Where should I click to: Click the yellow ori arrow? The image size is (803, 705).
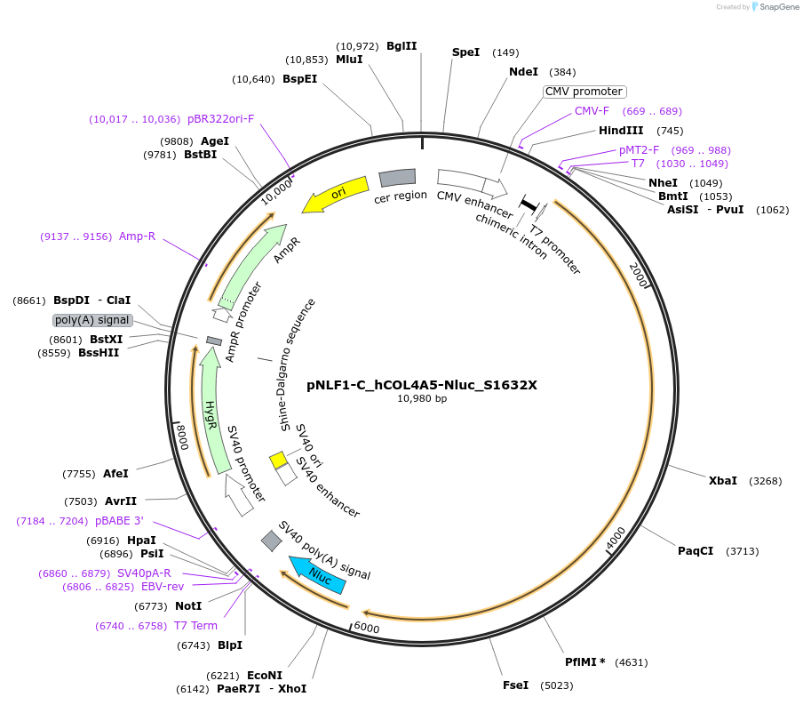tap(336, 195)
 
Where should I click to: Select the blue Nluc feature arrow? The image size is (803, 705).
tap(318, 574)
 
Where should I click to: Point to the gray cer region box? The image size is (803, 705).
tap(397, 178)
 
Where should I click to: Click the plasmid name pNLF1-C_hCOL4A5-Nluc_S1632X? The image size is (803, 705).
tap(422, 385)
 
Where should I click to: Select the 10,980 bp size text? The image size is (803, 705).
tap(422, 399)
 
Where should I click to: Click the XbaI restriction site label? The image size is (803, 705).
tap(722, 480)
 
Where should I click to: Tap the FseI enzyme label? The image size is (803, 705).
tap(515, 685)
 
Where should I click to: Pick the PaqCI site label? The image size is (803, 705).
tap(696, 550)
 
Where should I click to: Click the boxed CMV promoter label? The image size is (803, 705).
tap(584, 92)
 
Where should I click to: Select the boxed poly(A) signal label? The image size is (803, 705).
tap(92, 320)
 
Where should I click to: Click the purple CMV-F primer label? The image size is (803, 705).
tap(592, 111)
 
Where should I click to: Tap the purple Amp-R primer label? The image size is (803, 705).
tap(137, 236)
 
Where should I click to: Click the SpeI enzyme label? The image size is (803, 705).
tap(465, 52)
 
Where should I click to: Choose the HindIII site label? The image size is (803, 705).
tap(621, 131)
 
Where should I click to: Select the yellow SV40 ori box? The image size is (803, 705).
tap(278, 460)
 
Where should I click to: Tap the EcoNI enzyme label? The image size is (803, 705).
tap(264, 675)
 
